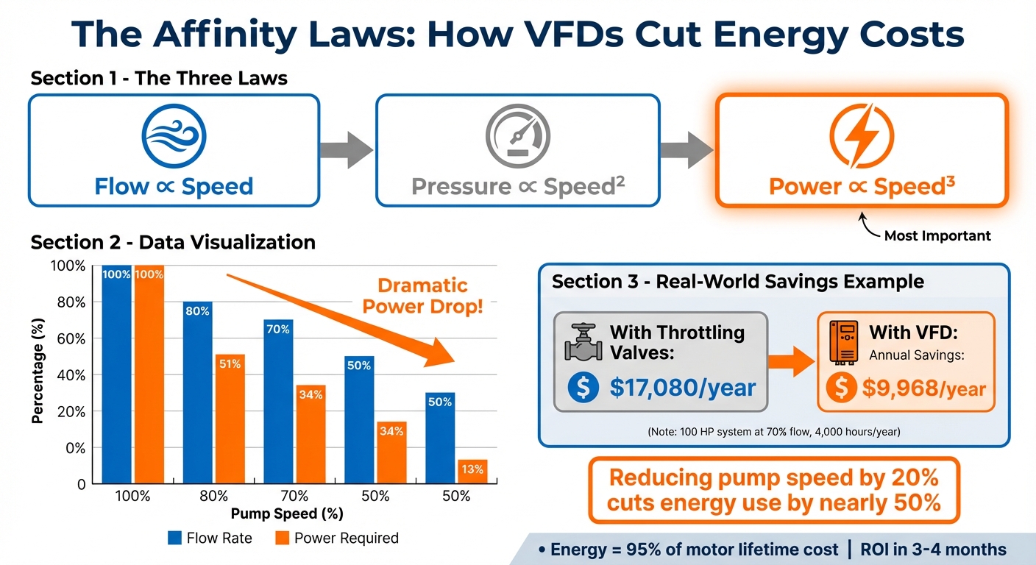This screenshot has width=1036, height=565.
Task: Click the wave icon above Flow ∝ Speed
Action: (174, 137)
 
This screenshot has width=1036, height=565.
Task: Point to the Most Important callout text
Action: (937, 236)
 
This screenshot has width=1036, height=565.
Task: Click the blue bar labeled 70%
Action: (278, 401)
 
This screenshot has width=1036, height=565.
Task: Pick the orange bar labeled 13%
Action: (472, 472)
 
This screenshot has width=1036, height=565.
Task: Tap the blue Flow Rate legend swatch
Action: (174, 538)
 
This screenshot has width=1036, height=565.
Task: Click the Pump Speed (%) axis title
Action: (287, 514)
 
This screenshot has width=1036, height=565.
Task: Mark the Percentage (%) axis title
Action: (38, 375)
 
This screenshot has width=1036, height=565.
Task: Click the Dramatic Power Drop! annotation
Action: (423, 295)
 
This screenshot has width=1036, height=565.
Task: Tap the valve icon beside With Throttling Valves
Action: (583, 342)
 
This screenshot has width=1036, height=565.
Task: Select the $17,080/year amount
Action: (682, 386)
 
